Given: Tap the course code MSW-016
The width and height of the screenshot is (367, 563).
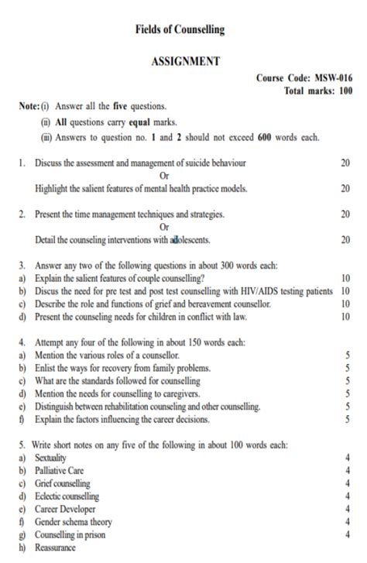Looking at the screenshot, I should tap(334, 78).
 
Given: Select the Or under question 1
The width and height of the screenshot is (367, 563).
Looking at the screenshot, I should tap(163, 175).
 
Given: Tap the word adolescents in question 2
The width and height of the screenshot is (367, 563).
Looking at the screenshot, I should tap(189, 240).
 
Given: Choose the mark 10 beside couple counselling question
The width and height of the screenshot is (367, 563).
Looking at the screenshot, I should tap(345, 278).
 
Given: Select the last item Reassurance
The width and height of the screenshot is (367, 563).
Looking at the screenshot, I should tap(55, 548).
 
